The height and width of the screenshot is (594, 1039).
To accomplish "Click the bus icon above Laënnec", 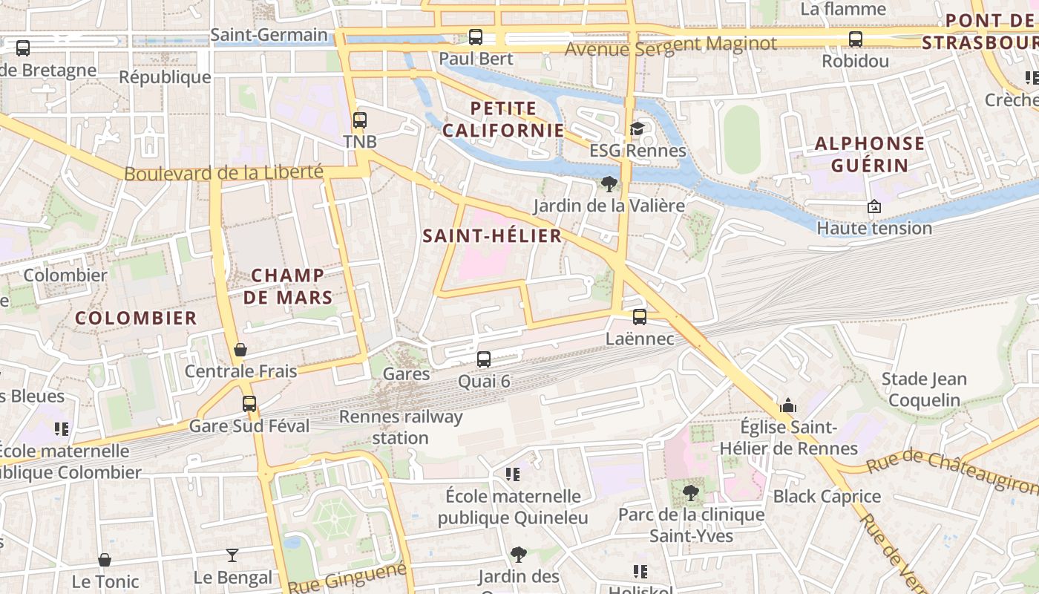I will (x=639, y=317).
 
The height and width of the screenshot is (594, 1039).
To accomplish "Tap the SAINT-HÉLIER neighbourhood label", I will (x=492, y=236).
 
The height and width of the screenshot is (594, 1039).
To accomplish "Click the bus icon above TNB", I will (x=360, y=120).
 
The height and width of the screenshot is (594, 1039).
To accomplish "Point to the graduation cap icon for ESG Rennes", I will (x=637, y=129).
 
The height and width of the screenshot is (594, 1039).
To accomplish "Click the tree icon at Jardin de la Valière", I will (x=609, y=183).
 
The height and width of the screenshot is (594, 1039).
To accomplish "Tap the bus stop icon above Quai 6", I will (x=484, y=359).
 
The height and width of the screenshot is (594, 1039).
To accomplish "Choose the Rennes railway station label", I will (x=401, y=427).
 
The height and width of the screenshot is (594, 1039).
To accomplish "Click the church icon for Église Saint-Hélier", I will (x=788, y=405).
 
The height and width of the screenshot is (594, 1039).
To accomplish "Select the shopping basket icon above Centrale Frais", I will (x=240, y=349).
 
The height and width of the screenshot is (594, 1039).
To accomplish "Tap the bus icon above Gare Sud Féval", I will (x=249, y=404).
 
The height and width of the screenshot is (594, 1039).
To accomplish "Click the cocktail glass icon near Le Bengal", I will (x=232, y=555).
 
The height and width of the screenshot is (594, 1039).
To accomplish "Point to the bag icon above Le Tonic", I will (x=105, y=560).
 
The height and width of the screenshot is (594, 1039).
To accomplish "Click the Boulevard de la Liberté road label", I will (x=223, y=173).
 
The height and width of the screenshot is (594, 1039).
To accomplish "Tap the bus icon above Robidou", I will (x=855, y=39).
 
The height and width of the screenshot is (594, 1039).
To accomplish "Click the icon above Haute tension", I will (x=874, y=206).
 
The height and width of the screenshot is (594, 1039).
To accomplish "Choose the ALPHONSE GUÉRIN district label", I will (x=870, y=154).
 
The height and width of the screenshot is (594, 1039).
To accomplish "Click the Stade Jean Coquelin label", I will (x=924, y=390).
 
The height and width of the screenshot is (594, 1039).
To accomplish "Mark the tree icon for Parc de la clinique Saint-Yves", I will (x=691, y=492).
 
